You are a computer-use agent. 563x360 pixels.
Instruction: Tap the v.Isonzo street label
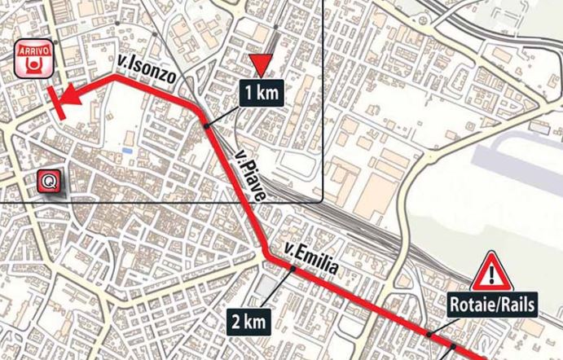[x=144, y=72]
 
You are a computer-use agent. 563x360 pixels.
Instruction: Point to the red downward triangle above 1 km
[x=260, y=65]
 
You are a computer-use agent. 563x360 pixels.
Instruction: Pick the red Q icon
[x=51, y=182]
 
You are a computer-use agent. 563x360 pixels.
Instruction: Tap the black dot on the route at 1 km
[x=207, y=125]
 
